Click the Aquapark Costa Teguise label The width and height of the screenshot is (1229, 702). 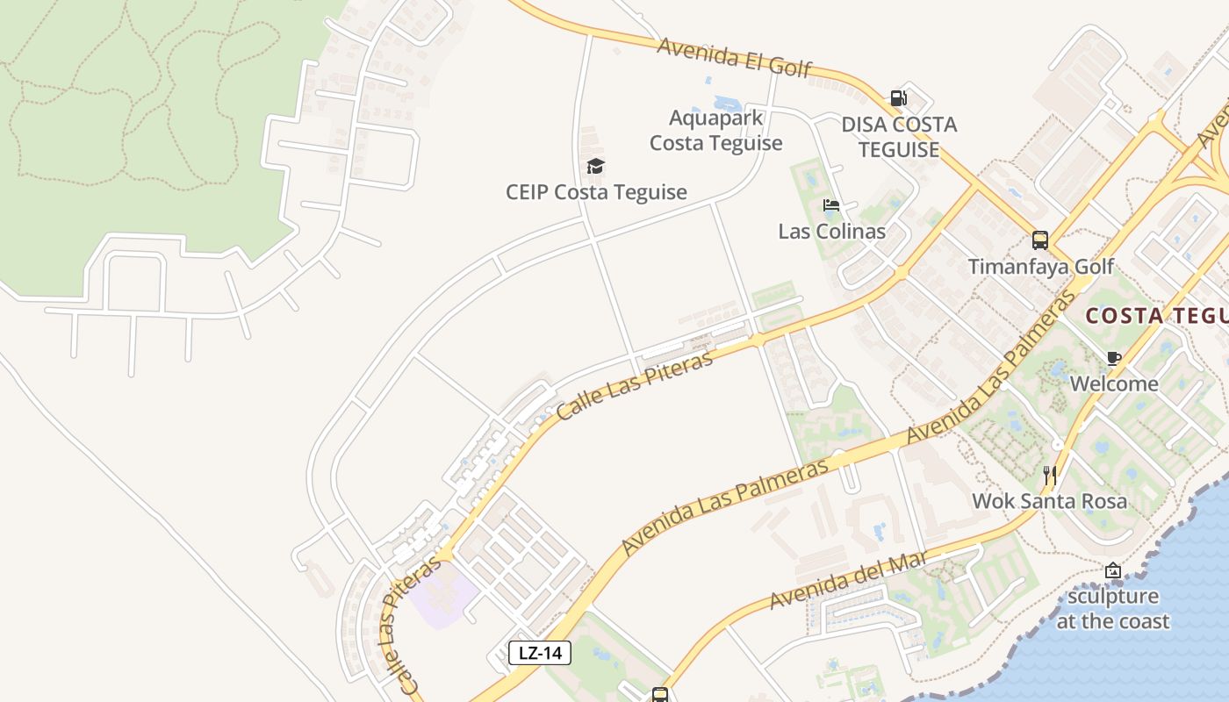[x=715, y=130]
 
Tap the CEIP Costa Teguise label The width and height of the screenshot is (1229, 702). [x=596, y=192]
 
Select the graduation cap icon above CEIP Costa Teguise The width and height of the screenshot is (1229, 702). [x=596, y=166]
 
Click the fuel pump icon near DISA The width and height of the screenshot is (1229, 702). [x=898, y=98]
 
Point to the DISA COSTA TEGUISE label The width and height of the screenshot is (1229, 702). [x=899, y=137]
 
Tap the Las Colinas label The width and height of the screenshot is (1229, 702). [x=831, y=232]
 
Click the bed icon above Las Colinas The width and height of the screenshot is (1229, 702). [x=831, y=206]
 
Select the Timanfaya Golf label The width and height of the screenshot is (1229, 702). [x=1040, y=266]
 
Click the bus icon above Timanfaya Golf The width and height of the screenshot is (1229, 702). [x=1040, y=240]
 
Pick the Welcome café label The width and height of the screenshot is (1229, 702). [x=1114, y=383]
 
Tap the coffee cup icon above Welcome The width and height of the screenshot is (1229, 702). [x=1114, y=358]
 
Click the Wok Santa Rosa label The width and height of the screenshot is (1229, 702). [x=1049, y=501]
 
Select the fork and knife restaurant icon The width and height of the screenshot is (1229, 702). [x=1050, y=476]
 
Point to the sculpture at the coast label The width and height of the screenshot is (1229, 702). [x=1112, y=609]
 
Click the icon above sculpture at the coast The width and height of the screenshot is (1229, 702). [x=1113, y=570]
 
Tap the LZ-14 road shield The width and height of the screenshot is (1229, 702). [x=540, y=652]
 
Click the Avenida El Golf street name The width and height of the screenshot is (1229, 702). [x=734, y=57]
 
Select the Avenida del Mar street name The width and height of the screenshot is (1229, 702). [x=849, y=581]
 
